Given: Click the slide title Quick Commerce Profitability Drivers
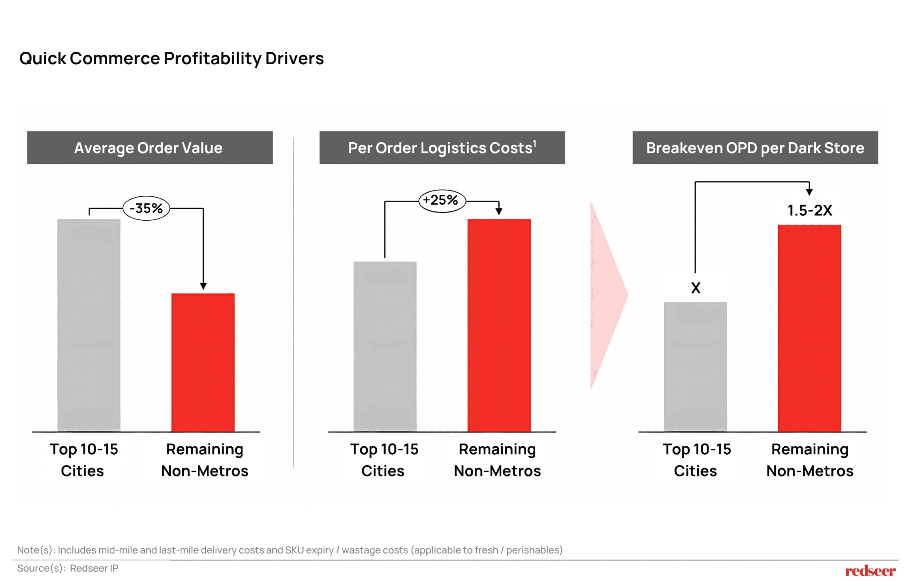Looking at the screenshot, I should coord(172,58).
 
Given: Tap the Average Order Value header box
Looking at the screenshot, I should coord(149,148).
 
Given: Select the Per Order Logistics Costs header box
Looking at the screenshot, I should coord(442,148).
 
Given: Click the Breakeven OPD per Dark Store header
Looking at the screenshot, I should coord(755,148).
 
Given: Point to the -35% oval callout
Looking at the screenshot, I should coord(146,208).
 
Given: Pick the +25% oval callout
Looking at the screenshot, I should coord(442,200).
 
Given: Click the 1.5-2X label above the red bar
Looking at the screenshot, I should coord(810,211).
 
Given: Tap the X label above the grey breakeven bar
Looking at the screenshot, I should coord(696,288).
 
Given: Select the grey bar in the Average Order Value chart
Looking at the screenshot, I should coord(89,325).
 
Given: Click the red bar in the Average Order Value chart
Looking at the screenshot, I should coord(203,362).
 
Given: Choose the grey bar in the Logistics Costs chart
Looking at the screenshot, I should coord(385,346).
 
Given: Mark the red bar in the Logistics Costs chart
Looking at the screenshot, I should coord(499,325).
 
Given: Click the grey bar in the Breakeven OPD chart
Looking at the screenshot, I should coord(695,367).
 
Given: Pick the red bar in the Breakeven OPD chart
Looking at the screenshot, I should coord(809,328).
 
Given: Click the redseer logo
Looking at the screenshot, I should coord(870,571).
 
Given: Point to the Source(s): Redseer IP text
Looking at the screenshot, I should coord(68,568).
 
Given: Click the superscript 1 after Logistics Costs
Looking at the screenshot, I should coord(535,143).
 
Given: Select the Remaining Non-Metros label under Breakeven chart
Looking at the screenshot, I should coord(810,460).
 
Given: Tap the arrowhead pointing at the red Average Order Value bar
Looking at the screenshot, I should coord(203,286).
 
